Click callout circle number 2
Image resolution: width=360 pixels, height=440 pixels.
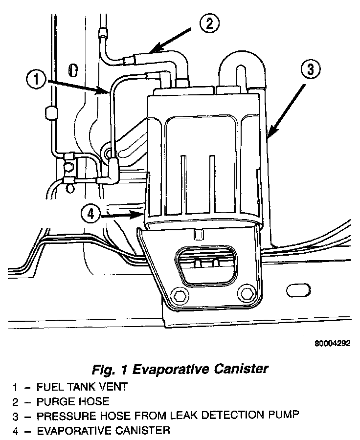209,23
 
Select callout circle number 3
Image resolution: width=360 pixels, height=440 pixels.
310,69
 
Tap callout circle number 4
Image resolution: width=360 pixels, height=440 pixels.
92,214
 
